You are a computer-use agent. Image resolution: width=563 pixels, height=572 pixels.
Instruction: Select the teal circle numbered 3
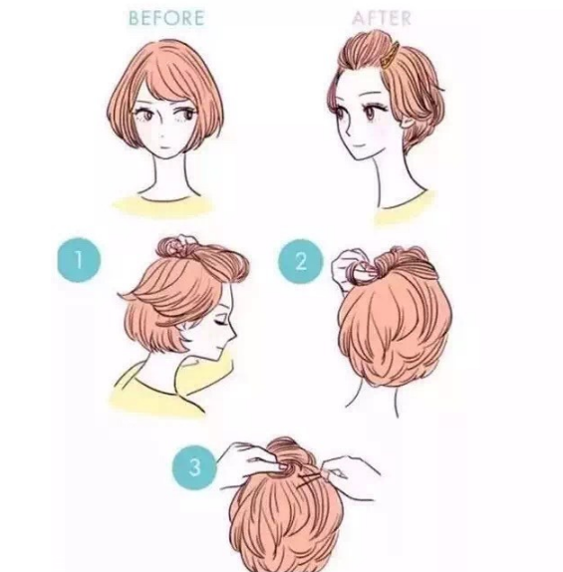click(194, 466)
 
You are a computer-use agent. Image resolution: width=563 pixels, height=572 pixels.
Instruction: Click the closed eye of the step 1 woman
click(212, 312)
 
